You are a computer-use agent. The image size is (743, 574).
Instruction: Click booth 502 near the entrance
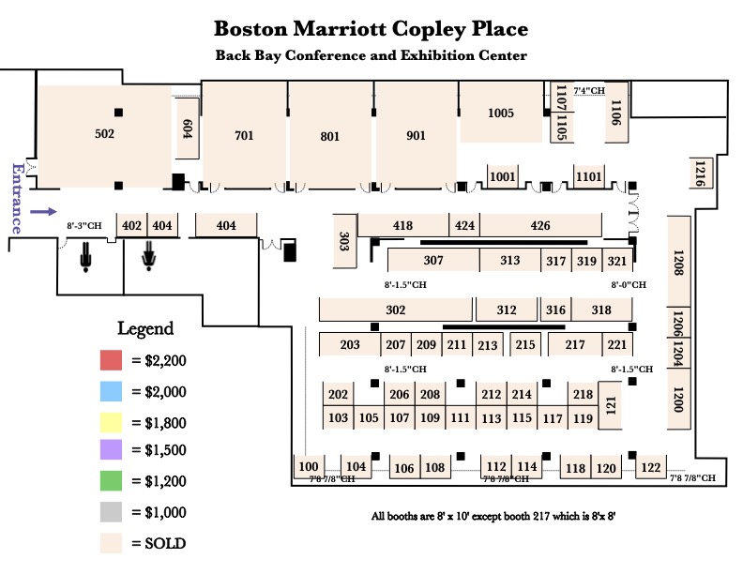coord(104,134)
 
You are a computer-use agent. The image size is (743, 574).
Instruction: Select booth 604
coord(187,129)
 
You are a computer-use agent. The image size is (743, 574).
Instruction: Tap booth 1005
coord(501,113)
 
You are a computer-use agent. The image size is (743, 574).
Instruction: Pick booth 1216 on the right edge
coord(699,173)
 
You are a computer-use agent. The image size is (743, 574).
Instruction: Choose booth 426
coord(539,225)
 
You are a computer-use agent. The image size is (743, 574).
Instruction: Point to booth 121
coord(610,405)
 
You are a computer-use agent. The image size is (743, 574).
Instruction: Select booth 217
coord(574,345)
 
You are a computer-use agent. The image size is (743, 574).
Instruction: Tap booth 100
coord(309,466)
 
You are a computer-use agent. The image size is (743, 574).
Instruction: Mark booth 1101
coord(588,176)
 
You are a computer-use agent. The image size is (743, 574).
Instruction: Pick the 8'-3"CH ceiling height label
coord(83,226)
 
